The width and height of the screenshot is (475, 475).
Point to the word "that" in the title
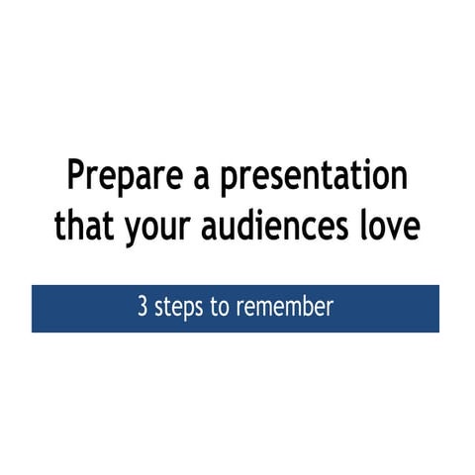[83, 227]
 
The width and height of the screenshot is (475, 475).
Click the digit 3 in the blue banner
[142, 308]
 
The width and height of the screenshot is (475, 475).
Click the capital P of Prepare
[76, 177]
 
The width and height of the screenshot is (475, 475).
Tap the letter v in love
[394, 229]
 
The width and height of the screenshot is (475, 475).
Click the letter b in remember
[305, 307]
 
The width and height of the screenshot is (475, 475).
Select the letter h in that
[74, 226]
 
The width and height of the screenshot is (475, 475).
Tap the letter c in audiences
[312, 229]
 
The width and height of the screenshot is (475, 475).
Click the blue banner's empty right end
[396, 308]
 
